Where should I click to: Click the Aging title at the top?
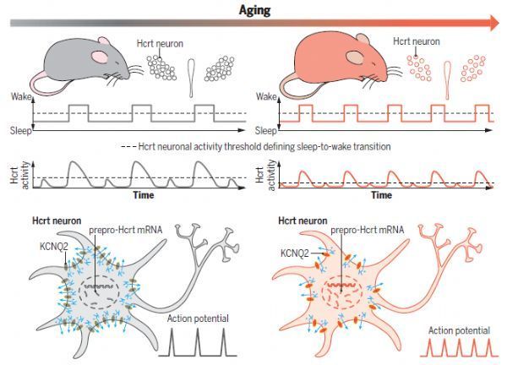[254, 10]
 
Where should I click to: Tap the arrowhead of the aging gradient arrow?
[494, 23]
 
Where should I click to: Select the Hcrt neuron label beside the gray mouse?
[160, 43]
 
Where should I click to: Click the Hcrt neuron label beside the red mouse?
[417, 41]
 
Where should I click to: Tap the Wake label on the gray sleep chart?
[21, 96]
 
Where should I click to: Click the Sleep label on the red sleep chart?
[266, 131]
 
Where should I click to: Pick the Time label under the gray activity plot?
[144, 195]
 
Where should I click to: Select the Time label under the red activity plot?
[382, 195]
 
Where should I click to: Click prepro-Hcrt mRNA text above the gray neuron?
[125, 230]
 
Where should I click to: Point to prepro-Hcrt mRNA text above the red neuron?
[368, 230]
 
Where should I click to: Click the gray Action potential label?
[198, 319]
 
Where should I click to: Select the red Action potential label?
[459, 330]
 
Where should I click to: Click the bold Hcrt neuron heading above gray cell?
[57, 221]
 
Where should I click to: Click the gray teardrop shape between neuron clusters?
[191, 79]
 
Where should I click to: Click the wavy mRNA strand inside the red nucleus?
[341, 285]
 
